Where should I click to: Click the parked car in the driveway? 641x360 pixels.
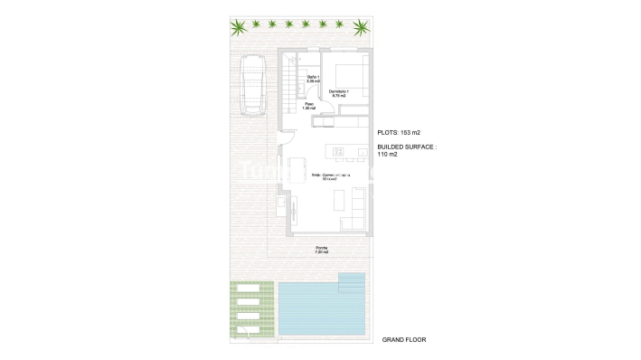point(252,85)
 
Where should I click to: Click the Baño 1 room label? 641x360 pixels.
point(314,79)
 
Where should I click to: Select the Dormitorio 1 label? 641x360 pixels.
point(340,91)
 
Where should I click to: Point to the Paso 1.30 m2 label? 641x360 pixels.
point(309,107)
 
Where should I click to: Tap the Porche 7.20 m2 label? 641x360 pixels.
point(322,251)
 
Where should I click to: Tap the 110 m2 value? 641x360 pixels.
point(387,154)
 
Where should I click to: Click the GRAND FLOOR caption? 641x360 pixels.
point(403,339)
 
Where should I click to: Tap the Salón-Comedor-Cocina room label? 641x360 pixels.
point(331,175)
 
